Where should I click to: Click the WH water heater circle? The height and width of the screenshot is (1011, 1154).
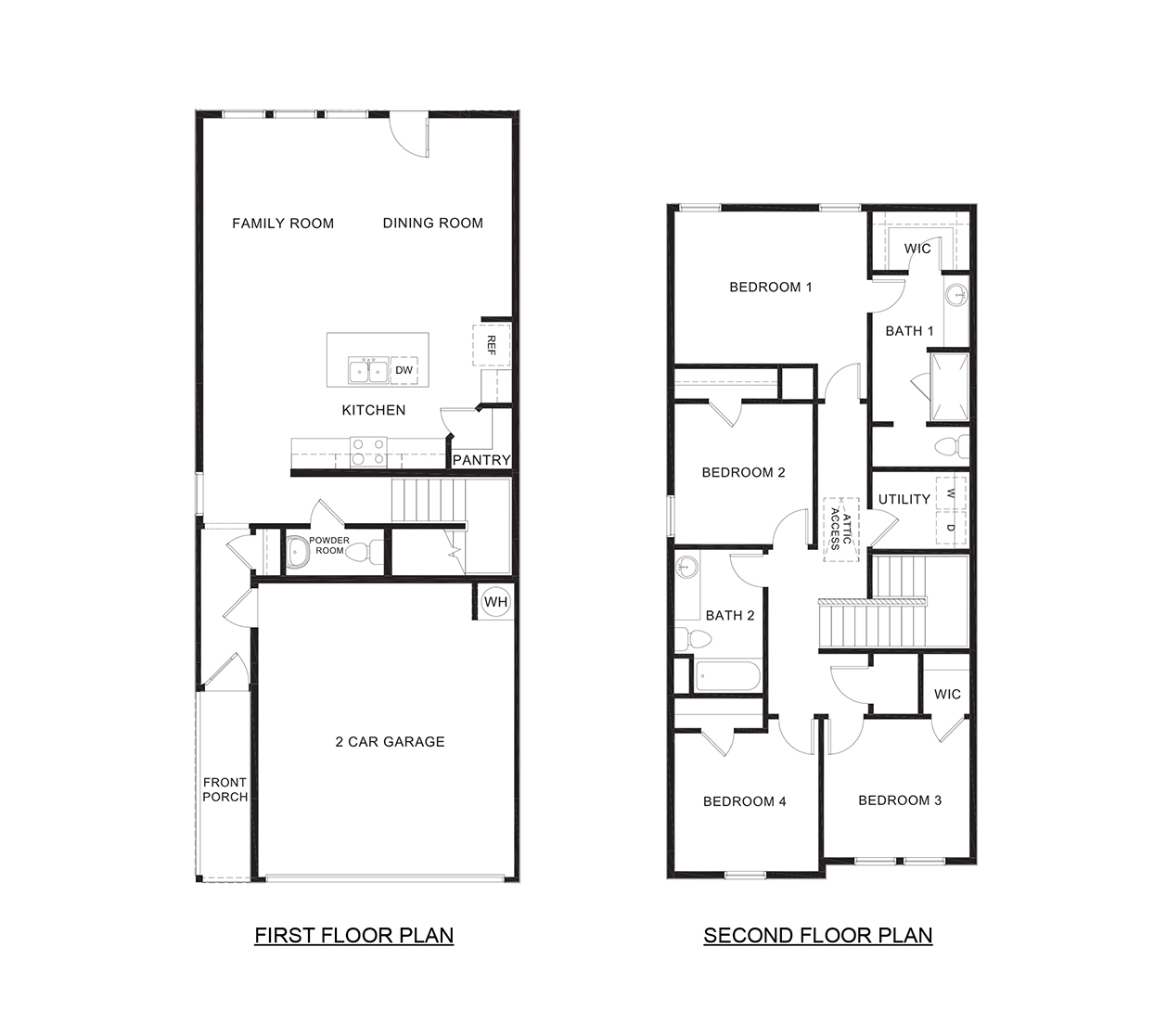tap(496, 602)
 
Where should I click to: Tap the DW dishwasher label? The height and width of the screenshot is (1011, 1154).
tap(404, 370)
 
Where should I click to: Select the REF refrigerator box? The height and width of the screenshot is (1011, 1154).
tap(492, 345)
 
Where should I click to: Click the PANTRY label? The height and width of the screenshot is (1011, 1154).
tap(481, 460)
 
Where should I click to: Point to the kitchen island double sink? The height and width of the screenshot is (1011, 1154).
tap(368, 370)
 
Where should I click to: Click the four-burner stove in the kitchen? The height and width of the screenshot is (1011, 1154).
tap(368, 452)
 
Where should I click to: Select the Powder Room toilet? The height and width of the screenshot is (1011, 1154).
tap(372, 552)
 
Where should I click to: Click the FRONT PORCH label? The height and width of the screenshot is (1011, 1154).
tap(224, 789)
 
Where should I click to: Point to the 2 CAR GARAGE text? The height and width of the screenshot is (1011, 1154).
tap(390, 742)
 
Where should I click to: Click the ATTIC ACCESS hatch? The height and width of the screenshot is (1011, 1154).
tap(841, 530)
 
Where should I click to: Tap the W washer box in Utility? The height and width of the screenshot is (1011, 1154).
tap(951, 494)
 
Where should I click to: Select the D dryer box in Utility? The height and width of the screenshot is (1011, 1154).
tap(951, 528)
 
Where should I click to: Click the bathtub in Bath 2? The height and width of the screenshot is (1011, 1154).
tap(728, 676)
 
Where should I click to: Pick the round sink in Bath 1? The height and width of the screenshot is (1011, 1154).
tap(955, 296)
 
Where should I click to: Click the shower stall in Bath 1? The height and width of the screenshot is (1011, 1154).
tap(950, 385)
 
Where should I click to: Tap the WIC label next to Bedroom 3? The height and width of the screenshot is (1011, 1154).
tap(947, 695)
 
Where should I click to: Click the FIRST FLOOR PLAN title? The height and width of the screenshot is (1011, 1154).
tap(354, 935)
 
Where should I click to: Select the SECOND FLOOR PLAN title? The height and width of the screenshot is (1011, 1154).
tap(817, 935)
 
